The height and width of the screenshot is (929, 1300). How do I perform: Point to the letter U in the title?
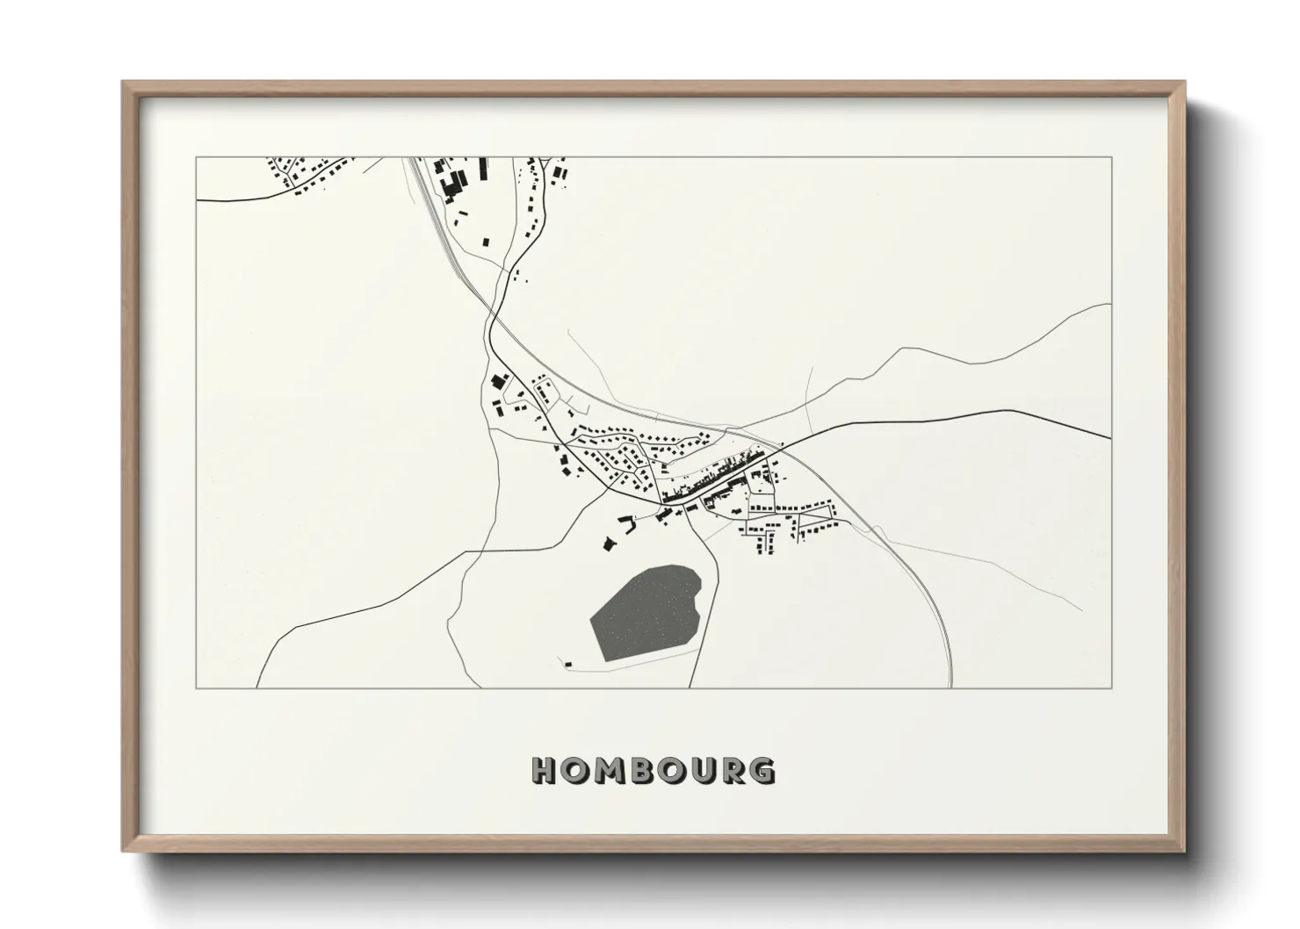pyautogui.click(x=703, y=771)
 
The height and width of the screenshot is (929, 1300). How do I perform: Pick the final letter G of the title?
pyautogui.click(x=763, y=771)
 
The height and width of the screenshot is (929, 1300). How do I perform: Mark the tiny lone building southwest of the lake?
pyautogui.click(x=567, y=664)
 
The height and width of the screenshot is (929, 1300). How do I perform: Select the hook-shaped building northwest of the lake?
pyautogui.click(x=627, y=524)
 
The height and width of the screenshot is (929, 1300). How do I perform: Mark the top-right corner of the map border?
pyautogui.click(x=1111, y=157)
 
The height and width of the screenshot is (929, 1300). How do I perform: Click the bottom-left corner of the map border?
pyautogui.click(x=197, y=688)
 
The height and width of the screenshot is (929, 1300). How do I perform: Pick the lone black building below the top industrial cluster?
pyautogui.click(x=484, y=240)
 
